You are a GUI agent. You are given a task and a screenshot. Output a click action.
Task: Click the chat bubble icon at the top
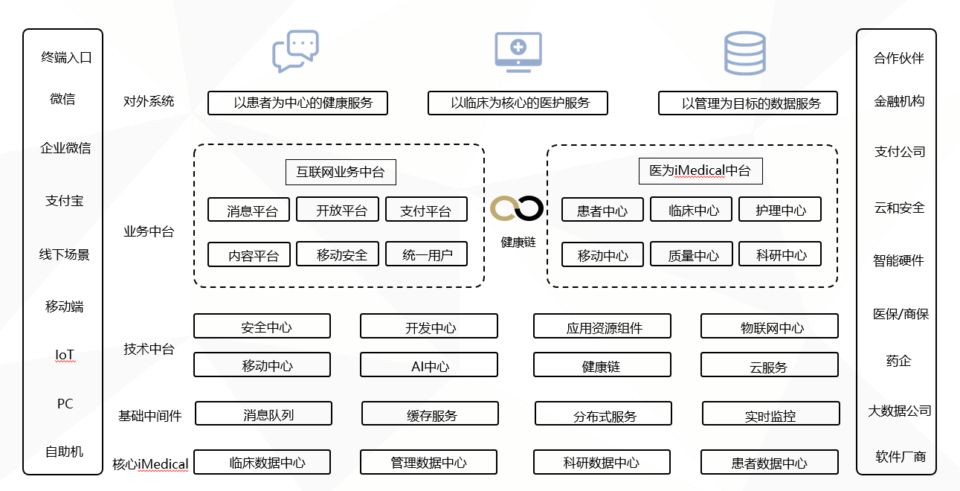coord(295,51)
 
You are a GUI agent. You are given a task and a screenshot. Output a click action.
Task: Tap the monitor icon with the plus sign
coord(518,51)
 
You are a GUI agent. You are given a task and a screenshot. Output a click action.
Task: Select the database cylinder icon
coord(744,53)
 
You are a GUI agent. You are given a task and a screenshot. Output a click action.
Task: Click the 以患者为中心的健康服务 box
coord(297,103)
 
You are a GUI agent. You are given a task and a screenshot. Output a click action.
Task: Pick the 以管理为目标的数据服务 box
coord(747,103)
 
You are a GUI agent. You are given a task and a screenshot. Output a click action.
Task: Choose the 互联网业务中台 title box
coord(341,172)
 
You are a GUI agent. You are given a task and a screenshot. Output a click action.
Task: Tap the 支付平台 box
coord(426,210)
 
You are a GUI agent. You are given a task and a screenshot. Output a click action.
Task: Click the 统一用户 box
coord(426,254)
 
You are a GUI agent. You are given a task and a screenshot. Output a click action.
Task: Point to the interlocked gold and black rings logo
coord(518,209)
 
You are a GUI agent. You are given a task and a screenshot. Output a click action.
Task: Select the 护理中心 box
coord(779,210)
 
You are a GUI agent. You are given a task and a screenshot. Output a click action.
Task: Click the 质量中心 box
coord(691,254)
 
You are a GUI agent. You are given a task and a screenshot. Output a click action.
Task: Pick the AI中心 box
coord(428,365)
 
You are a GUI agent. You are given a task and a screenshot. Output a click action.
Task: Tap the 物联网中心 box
coord(769,326)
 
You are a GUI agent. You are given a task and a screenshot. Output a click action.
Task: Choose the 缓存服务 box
coord(430,414)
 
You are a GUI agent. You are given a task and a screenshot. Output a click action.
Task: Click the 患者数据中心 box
coord(769,462)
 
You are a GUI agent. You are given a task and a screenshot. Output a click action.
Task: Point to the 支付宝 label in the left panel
coord(64,201)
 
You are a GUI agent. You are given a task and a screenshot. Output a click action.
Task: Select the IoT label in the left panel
coord(65,356)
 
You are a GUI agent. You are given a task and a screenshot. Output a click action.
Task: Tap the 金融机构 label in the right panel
coord(899,101)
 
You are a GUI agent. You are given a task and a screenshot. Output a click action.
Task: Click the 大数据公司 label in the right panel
coord(899,410)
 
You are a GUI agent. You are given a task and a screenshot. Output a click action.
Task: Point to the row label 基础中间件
coord(150,415)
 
